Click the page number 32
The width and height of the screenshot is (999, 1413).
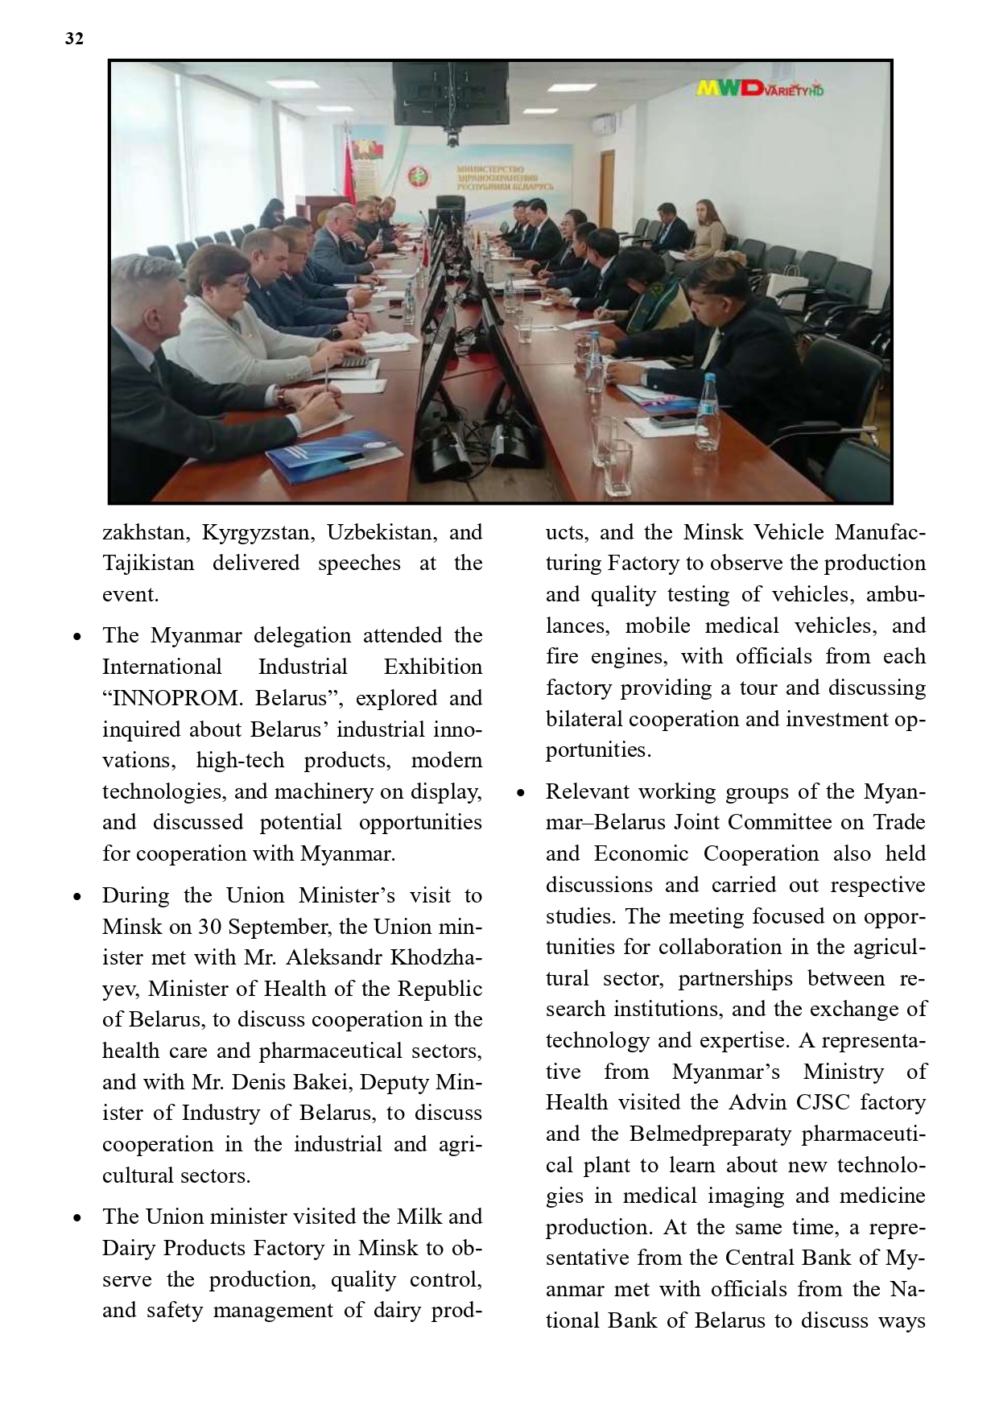(x=74, y=39)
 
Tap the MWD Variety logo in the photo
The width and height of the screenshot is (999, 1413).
(x=759, y=88)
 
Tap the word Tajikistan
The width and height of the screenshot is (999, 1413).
(x=148, y=563)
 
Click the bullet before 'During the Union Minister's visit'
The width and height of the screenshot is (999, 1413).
(x=77, y=897)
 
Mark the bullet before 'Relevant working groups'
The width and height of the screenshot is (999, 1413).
(x=521, y=793)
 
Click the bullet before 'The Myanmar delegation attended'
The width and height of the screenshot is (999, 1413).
(x=77, y=637)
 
